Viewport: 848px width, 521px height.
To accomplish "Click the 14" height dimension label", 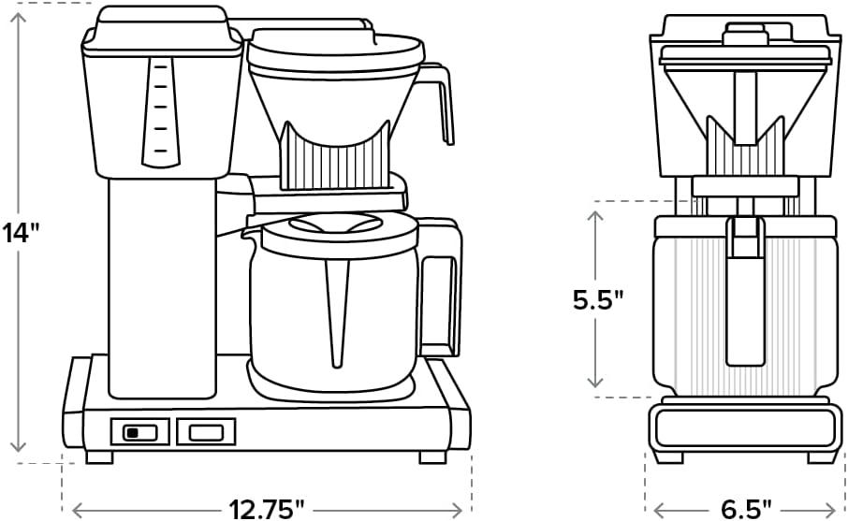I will coord(23,231).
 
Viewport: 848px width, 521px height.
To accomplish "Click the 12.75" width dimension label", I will coord(267,508).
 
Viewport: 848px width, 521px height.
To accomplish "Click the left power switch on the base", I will coord(139,431).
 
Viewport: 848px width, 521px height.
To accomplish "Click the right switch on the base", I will coord(206,431).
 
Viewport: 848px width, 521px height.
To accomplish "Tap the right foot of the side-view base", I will coord(432,457).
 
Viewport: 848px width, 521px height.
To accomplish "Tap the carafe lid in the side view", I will coord(337,225).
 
